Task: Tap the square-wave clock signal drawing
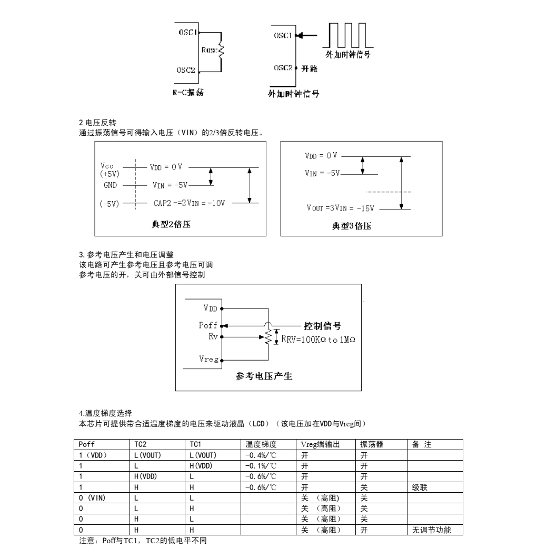pyautogui.click(x=348, y=35)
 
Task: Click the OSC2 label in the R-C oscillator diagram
pyautogui.click(x=186, y=70)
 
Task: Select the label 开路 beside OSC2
pyautogui.click(x=310, y=68)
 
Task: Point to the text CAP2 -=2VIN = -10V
pyautogui.click(x=189, y=203)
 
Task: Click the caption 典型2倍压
pyautogui.click(x=171, y=224)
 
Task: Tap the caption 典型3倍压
pyautogui.click(x=352, y=226)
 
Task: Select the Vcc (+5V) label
pyautogui.click(x=110, y=170)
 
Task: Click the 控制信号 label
pyautogui.click(x=322, y=326)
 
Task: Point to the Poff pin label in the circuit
pyautogui.click(x=208, y=325)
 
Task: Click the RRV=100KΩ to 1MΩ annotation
pyautogui.click(x=318, y=340)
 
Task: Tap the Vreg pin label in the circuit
pyautogui.click(x=208, y=359)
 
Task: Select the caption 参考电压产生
pyautogui.click(x=264, y=376)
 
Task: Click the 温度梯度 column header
pyautogui.click(x=261, y=444)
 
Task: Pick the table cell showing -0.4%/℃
pyautogui.click(x=261, y=455)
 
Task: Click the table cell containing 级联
pyautogui.click(x=420, y=487)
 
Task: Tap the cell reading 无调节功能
pyautogui.click(x=431, y=530)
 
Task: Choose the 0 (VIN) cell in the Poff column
pyautogui.click(x=92, y=497)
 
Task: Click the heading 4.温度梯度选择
pyautogui.click(x=105, y=413)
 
